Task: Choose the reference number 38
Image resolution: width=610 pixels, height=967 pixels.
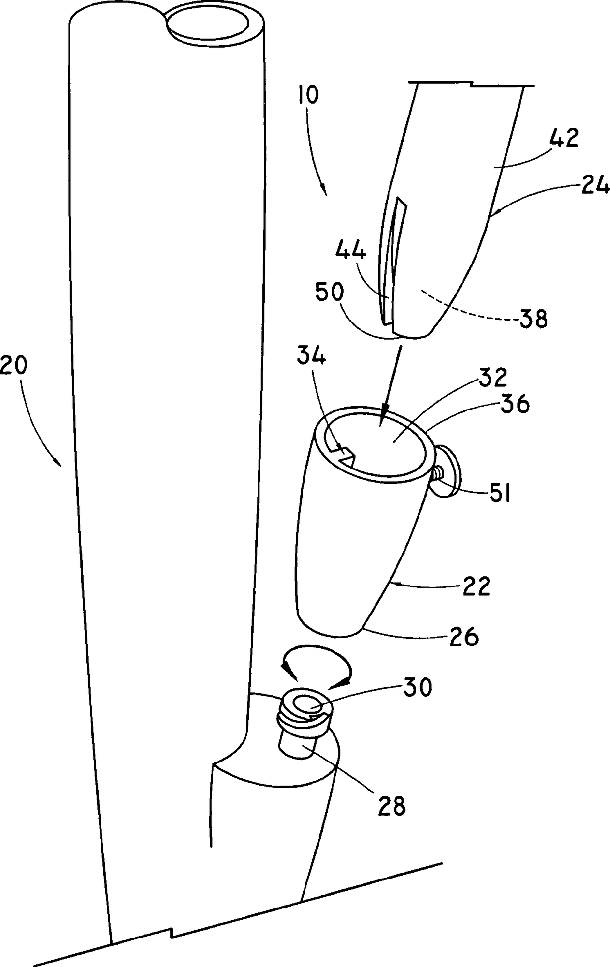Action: [x=532, y=320]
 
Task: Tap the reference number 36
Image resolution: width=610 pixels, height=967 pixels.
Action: [x=515, y=405]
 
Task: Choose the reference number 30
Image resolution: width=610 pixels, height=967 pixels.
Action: [x=418, y=687]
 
